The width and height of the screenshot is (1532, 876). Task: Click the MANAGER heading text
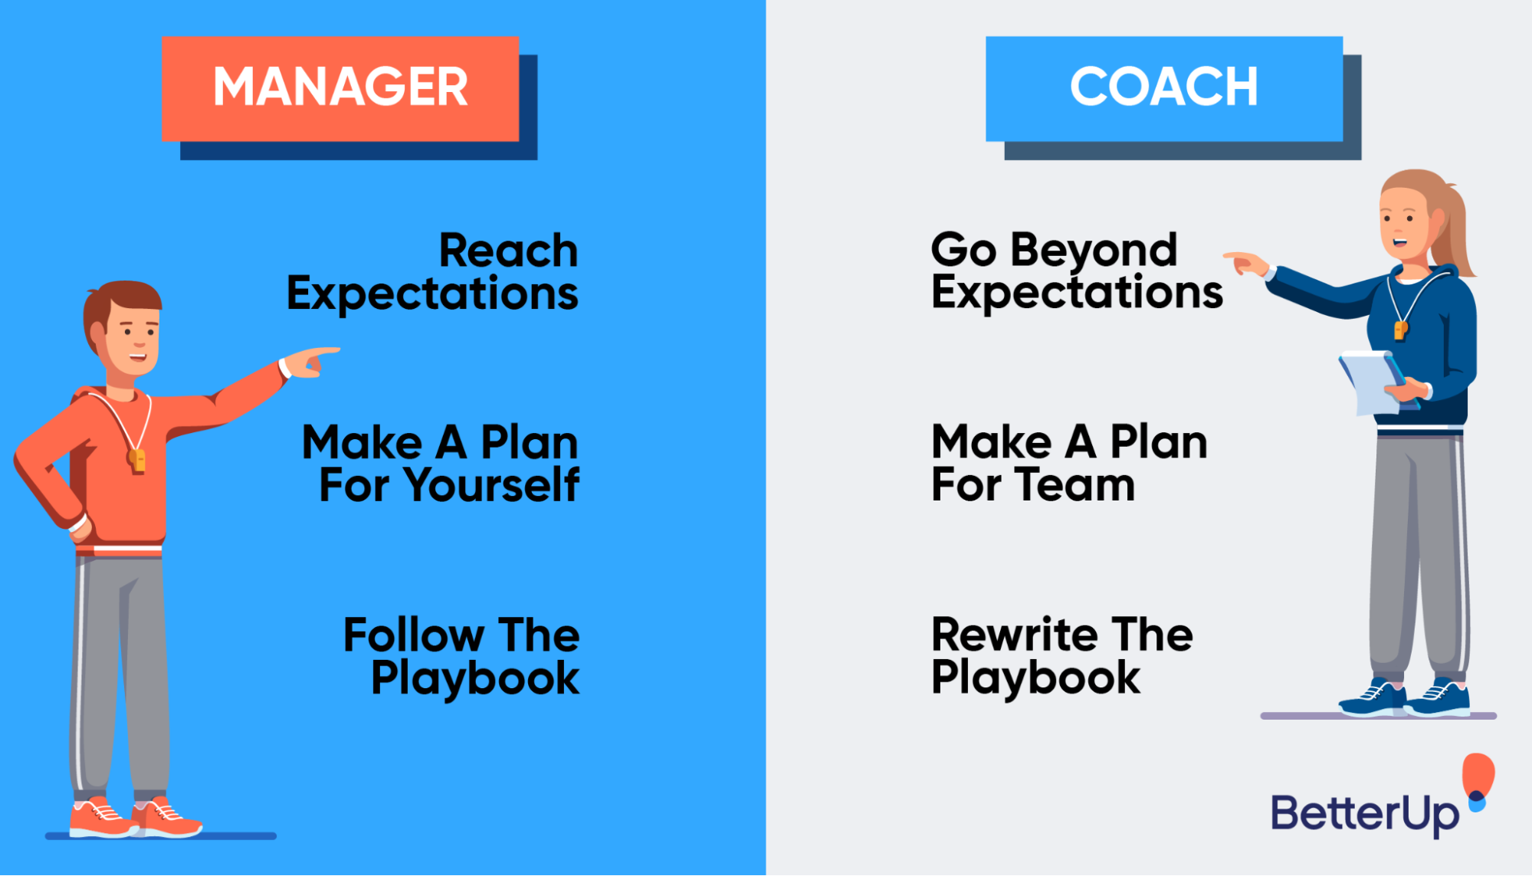[340, 87]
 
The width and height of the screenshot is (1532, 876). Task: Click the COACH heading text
[1163, 87]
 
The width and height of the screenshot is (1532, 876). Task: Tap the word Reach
[508, 251]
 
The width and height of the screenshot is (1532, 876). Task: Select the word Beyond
[1094, 251]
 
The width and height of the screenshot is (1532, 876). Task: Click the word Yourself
[491, 485]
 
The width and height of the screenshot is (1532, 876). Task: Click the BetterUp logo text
[1364, 814]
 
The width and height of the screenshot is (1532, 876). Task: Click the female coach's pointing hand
[1245, 264]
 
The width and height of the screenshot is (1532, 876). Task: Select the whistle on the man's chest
[137, 460]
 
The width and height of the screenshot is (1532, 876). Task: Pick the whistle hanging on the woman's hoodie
[1400, 330]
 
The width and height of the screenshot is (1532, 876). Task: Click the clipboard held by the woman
[1372, 383]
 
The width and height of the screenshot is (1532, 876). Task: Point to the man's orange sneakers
[134, 819]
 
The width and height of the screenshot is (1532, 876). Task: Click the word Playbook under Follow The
[475, 678]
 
